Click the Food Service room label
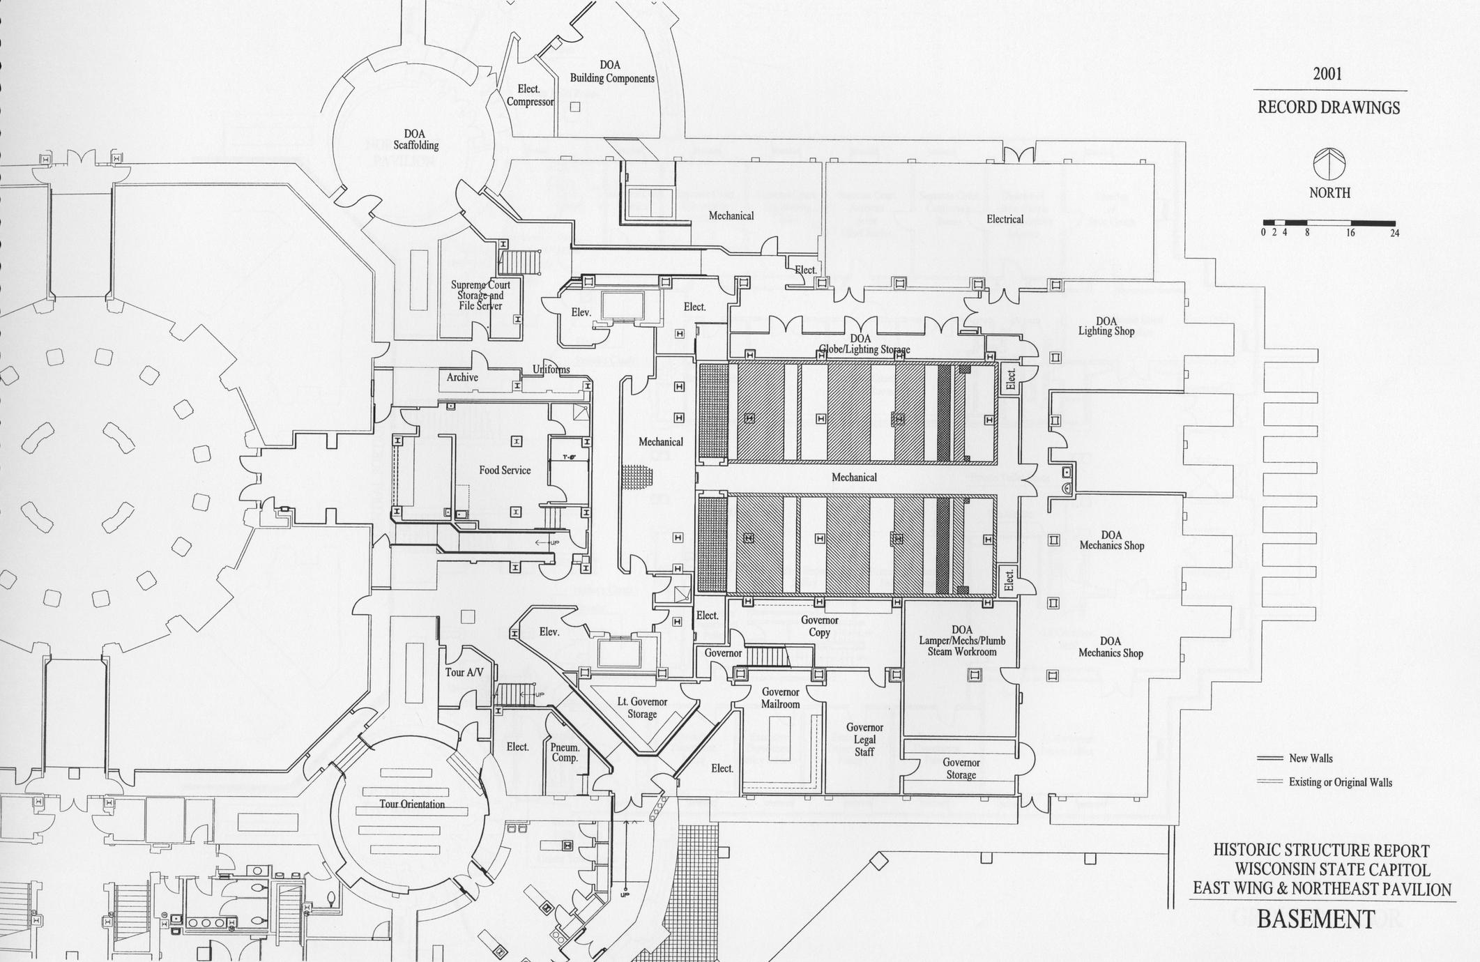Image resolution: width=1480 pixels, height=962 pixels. click(x=505, y=471)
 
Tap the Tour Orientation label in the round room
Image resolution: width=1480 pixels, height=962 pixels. click(x=412, y=804)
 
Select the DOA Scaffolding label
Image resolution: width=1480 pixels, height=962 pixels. click(x=415, y=139)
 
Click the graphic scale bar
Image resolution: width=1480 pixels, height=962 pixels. click(x=1330, y=224)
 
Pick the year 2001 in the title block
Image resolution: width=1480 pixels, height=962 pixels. click(x=1327, y=75)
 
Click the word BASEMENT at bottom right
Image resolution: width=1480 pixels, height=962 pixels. click(x=1315, y=919)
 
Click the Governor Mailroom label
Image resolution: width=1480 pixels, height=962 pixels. click(x=780, y=698)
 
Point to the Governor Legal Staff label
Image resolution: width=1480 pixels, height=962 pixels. click(x=864, y=740)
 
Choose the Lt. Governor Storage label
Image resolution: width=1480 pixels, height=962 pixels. click(x=642, y=708)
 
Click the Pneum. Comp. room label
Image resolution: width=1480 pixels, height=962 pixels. click(x=565, y=752)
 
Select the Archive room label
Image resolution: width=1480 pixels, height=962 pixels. click(x=462, y=377)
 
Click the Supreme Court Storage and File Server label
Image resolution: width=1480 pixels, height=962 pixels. click(x=480, y=295)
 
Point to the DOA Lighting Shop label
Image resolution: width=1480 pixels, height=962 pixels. click(x=1106, y=326)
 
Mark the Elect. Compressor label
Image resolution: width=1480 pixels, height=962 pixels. click(x=530, y=96)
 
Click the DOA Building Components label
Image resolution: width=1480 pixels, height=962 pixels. click(x=611, y=72)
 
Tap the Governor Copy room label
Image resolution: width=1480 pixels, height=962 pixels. click(x=819, y=626)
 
